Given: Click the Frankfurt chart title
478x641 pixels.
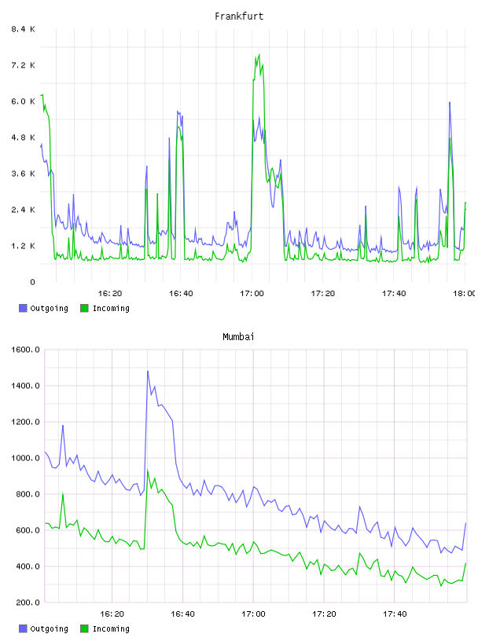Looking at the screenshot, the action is [x=239, y=16].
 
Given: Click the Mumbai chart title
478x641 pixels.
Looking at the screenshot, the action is [x=238, y=336].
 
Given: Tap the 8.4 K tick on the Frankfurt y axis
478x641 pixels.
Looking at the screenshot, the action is [x=23, y=29].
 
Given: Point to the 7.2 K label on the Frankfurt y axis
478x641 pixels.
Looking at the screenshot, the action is [x=23, y=65].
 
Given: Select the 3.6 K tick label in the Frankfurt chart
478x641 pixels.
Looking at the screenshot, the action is [x=23, y=174].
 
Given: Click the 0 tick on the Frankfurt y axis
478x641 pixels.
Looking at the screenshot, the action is [x=32, y=282].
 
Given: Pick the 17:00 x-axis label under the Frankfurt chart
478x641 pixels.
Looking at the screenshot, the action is [x=252, y=293].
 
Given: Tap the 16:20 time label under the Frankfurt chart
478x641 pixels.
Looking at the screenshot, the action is [x=110, y=293].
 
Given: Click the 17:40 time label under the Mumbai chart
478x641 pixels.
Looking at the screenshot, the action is [x=395, y=614].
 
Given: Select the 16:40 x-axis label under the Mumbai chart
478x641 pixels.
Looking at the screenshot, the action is [x=182, y=614].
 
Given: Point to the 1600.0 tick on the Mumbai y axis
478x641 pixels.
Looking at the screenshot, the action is [x=25, y=350].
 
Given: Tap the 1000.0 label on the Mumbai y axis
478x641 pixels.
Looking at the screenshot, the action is [x=25, y=458].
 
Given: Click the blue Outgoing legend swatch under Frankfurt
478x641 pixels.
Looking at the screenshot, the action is [x=23, y=308].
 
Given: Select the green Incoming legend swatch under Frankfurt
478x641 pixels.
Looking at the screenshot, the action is [x=84, y=308].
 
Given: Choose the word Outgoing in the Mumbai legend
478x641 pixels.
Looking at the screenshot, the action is [x=49, y=628].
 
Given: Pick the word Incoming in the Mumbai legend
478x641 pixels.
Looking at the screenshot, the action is [x=111, y=628].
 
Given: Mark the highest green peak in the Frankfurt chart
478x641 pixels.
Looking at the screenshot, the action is [x=259, y=54].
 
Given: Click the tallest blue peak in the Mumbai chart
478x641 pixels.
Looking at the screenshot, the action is [x=148, y=371].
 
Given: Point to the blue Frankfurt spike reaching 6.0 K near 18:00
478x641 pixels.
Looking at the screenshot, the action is [x=450, y=102].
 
